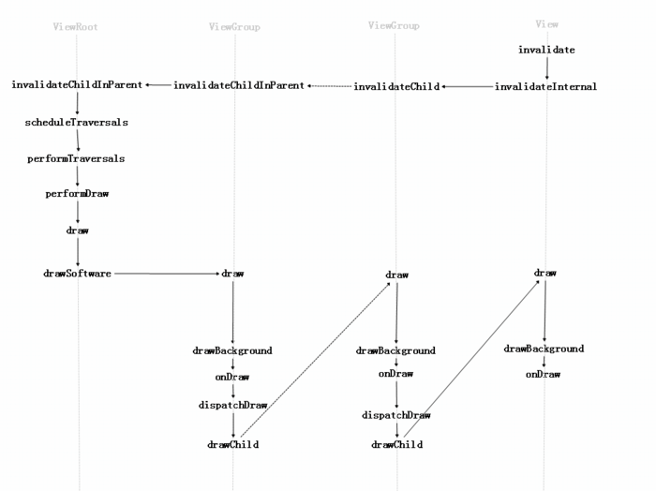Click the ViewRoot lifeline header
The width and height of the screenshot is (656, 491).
pyautogui.click(x=76, y=27)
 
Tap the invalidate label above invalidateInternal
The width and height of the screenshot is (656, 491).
pyautogui.click(x=546, y=49)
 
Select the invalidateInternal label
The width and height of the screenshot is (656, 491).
pyautogui.click(x=545, y=86)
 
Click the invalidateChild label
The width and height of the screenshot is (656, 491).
pyautogui.click(x=396, y=86)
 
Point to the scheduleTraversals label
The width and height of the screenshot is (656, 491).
pyautogui.click(x=77, y=122)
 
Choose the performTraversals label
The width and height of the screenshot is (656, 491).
pyautogui.click(x=77, y=158)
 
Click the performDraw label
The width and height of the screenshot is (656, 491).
pyautogui.click(x=77, y=194)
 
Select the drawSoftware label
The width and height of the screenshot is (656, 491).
pyautogui.click(x=77, y=274)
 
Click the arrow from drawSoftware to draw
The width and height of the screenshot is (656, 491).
pyautogui.click(x=166, y=274)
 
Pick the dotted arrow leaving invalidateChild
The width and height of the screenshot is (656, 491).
pyautogui.click(x=329, y=86)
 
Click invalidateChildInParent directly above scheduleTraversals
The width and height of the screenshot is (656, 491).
pyautogui.click(x=77, y=85)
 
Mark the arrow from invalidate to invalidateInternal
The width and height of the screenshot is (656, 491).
pyautogui.click(x=546, y=67)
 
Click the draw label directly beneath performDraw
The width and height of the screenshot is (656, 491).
pyautogui.click(x=77, y=230)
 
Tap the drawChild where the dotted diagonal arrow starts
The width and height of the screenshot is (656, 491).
pyautogui.click(x=232, y=444)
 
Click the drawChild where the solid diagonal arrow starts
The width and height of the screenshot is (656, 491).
pyautogui.click(x=396, y=444)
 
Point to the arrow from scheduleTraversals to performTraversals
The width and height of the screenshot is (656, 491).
pyautogui.click(x=77, y=140)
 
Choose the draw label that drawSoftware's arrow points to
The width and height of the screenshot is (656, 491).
pyautogui.click(x=232, y=274)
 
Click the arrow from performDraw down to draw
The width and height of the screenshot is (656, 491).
pyautogui.click(x=77, y=212)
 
